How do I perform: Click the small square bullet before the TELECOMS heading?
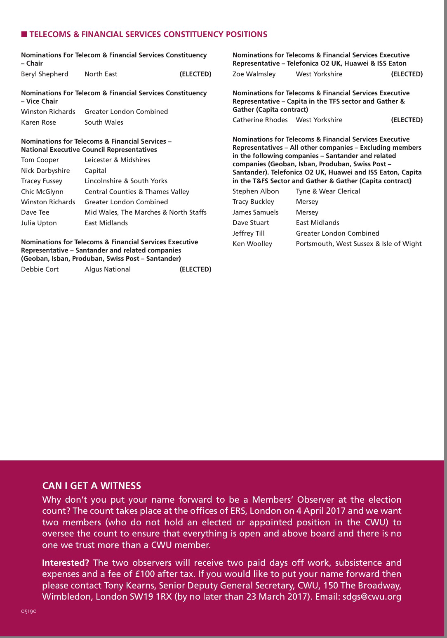coord(24,34)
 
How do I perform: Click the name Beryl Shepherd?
coord(45,74)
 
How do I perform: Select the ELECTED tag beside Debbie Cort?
coord(195,269)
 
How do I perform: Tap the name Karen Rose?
coord(38,122)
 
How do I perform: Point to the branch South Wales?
coord(104,122)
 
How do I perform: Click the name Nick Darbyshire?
coord(45,170)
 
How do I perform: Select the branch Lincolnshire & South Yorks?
coord(126,181)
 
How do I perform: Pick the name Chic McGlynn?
coord(42,191)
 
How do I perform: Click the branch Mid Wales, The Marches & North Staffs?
coord(145,212)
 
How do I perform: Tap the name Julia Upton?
coord(39,223)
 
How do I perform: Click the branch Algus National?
coord(107,269)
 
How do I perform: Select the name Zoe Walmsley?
coord(254,74)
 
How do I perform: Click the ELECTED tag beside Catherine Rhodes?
coord(407,120)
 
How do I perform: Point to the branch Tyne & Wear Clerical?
coord(328,191)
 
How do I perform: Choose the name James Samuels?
coord(255,212)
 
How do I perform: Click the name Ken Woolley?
coord(252,243)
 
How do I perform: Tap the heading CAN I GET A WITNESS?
coord(92,486)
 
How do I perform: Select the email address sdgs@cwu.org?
coord(372,596)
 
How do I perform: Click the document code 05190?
coord(29,611)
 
